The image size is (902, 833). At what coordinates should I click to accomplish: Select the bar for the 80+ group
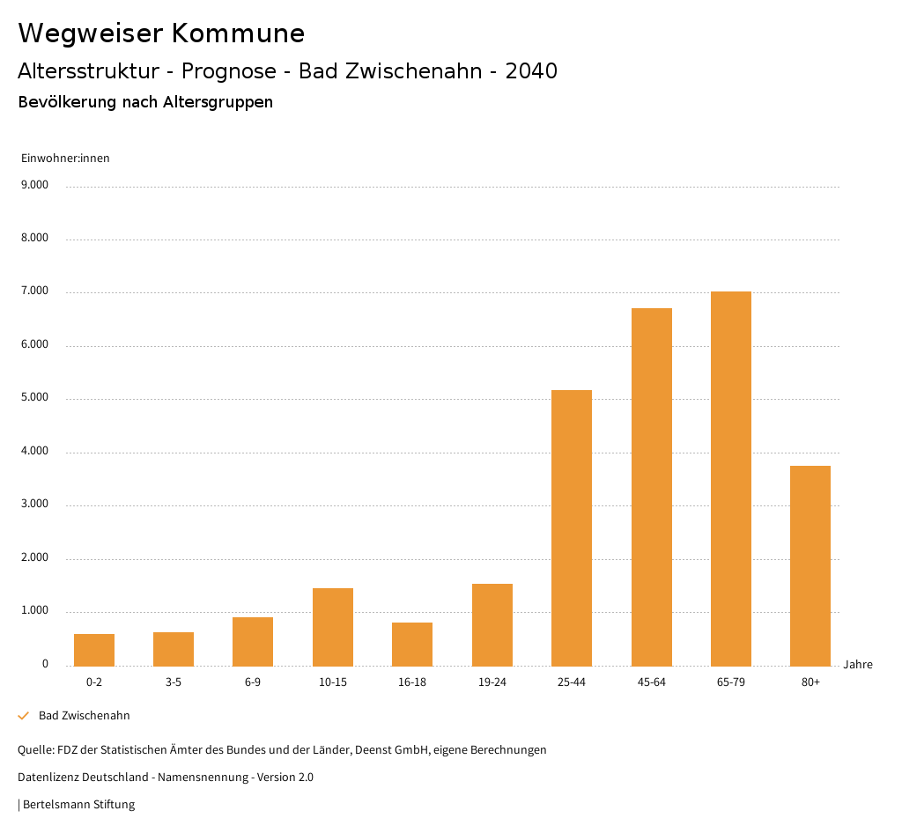tap(810, 565)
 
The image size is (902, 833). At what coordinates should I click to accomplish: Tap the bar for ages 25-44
tap(572, 527)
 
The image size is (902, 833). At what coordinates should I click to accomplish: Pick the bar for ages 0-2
tap(94, 650)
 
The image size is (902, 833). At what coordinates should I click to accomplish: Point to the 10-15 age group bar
tap(333, 627)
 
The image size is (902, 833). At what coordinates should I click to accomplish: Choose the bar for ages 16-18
tap(412, 644)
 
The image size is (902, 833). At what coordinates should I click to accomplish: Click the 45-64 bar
tap(652, 487)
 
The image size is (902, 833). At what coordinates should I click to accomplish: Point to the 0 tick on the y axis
tap(45, 664)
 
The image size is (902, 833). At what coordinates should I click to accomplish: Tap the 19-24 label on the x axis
tap(492, 682)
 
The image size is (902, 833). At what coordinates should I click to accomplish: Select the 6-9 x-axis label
tap(253, 682)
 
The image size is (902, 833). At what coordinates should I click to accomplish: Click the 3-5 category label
tap(174, 682)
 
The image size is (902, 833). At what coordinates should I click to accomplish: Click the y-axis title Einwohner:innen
tap(65, 158)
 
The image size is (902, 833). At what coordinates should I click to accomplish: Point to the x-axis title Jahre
tap(858, 665)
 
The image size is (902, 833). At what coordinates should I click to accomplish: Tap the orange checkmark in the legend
tap(24, 716)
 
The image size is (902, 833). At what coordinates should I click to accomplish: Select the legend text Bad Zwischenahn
tap(85, 716)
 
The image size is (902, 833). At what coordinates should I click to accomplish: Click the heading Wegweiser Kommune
tap(161, 33)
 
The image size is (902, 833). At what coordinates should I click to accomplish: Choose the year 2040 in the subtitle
tap(531, 71)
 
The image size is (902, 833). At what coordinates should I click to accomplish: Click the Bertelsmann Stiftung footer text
tap(78, 804)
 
